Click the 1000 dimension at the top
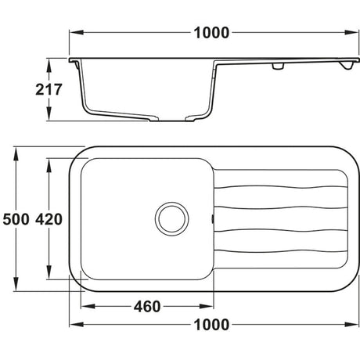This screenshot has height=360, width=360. (x=211, y=32)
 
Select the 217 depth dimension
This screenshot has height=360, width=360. (x=49, y=89)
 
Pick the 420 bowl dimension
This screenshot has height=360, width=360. (x=49, y=220)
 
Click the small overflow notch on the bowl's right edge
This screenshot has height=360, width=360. (x=211, y=220)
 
